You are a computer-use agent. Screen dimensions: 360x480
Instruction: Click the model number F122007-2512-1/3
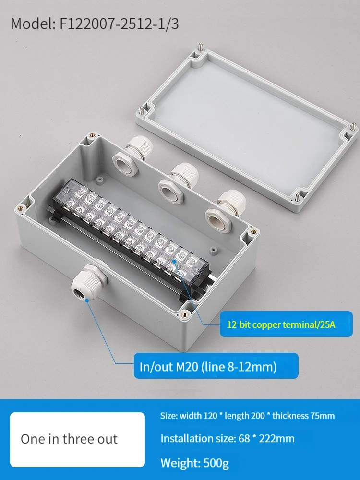119,24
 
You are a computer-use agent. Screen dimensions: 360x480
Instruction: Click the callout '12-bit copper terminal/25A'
281,324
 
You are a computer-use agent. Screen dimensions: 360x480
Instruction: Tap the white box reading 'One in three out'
77,439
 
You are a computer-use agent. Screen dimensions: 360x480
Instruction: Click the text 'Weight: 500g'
195,463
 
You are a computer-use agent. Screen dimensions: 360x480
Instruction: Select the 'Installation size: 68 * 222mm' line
228,438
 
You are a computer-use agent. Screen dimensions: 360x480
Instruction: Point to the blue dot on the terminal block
174,261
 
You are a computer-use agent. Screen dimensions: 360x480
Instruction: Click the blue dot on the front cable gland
87,300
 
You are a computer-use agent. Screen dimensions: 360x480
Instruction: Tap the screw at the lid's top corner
200,48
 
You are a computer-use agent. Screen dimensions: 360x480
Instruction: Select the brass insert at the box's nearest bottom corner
185,314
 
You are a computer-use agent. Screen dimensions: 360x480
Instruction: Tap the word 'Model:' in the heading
33,24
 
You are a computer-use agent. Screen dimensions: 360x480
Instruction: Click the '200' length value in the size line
258,415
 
